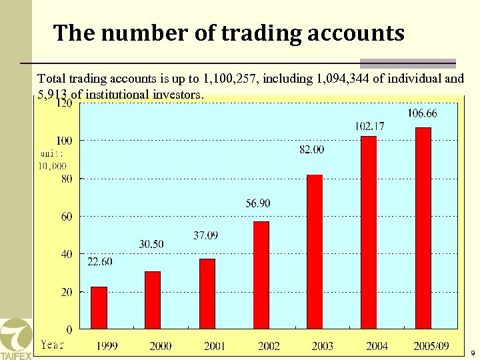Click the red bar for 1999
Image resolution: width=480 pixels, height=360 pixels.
pyautogui.click(x=99, y=307)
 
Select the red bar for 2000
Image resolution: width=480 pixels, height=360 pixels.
pyautogui.click(x=153, y=300)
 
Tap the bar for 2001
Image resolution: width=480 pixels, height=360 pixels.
pyautogui.click(x=207, y=293)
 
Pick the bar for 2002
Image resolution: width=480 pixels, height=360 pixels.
pyautogui.click(x=261, y=275)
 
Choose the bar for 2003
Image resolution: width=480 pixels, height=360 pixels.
pyautogui.click(x=315, y=251)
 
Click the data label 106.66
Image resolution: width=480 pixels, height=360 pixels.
pyautogui.click(x=423, y=113)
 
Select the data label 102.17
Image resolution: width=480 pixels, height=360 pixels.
pyautogui.click(x=369, y=125)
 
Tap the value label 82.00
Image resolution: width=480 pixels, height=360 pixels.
pyautogui.click(x=312, y=150)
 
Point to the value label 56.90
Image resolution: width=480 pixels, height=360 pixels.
pyautogui.click(x=257, y=203)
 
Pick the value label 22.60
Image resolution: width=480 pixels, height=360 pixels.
pyautogui.click(x=100, y=262)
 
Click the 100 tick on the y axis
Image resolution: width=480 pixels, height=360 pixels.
pyautogui.click(x=65, y=141)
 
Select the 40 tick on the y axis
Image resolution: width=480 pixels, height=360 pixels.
pyautogui.click(x=67, y=254)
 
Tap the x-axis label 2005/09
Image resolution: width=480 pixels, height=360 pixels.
pyautogui.click(x=431, y=346)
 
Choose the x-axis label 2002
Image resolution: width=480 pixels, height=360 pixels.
pyautogui.click(x=269, y=346)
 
